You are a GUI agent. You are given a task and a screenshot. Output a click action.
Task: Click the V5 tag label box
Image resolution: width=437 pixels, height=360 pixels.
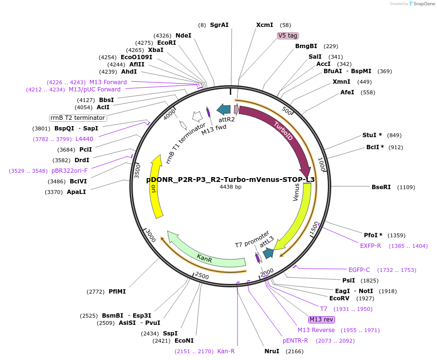point(288,36)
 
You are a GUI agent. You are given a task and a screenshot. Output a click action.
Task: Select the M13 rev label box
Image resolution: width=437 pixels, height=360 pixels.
point(322,320)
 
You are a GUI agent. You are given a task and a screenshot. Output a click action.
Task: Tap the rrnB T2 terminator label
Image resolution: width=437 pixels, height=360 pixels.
point(78,118)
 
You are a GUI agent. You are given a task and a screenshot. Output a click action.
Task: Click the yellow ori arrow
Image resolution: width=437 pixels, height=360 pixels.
point(156,188)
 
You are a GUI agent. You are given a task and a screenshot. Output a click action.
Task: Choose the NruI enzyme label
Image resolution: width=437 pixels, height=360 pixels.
point(272,351)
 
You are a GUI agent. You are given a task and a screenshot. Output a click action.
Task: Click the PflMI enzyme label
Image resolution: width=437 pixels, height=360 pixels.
point(117,292)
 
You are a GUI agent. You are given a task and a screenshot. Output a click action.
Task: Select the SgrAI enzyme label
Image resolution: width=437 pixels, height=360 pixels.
point(219,25)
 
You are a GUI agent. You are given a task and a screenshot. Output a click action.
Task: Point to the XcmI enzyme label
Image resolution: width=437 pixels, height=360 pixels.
point(264,25)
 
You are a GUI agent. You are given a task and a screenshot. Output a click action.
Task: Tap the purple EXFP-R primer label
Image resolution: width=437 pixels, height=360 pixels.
point(371,246)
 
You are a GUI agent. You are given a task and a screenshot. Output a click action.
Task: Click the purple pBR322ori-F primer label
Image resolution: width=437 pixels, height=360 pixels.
point(70,171)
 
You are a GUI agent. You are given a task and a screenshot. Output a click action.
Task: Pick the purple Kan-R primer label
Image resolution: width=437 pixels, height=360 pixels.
point(226,351)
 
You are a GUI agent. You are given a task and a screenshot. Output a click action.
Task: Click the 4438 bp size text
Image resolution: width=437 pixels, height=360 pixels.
point(230,187)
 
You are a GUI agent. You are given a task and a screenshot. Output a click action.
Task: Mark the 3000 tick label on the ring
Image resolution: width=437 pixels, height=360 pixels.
point(150,235)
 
